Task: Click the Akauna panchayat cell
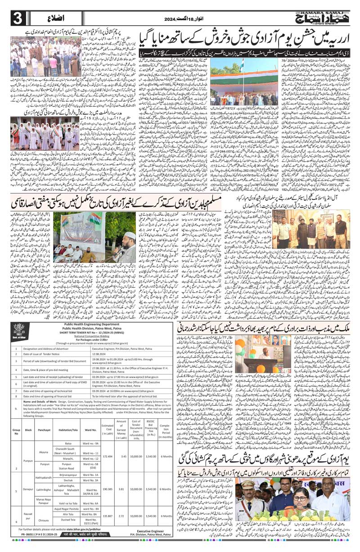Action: (44, 452)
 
